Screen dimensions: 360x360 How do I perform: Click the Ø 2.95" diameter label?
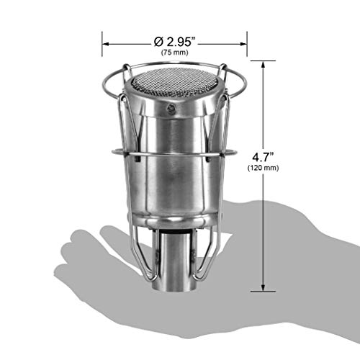click(x=176, y=42)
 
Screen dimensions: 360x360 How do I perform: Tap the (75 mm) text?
click(x=174, y=53)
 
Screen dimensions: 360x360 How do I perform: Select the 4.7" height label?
click(x=263, y=158)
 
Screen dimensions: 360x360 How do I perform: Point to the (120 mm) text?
click(x=263, y=168)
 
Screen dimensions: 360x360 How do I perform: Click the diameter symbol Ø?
click(x=158, y=42)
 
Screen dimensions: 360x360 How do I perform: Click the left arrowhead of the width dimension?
click(x=106, y=44)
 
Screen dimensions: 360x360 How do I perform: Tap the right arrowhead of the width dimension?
click(x=243, y=44)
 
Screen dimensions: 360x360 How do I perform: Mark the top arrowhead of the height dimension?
click(x=263, y=65)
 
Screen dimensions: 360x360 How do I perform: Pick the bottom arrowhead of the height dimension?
click(x=263, y=287)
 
